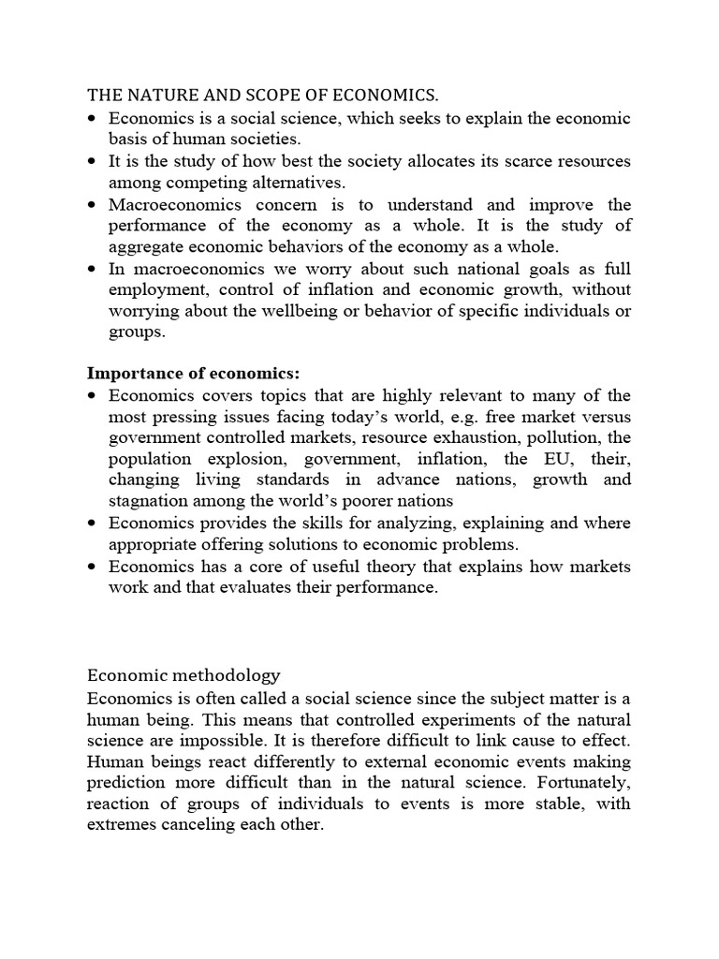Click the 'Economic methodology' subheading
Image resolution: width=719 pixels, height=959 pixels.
(183, 674)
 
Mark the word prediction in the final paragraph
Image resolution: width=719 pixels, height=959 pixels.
(131, 783)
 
